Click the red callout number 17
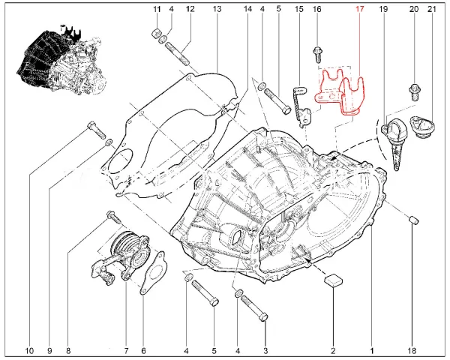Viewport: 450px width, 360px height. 359,9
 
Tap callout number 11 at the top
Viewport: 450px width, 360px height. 157,9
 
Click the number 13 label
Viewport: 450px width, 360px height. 217,9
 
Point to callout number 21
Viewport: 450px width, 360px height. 432,9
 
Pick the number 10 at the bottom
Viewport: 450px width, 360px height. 29,350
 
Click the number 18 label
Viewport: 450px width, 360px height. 412,350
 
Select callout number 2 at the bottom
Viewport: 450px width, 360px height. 333,350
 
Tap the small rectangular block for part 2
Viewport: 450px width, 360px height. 334,280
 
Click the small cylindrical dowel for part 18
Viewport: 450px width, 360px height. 413,220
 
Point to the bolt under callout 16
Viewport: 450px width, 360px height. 317,55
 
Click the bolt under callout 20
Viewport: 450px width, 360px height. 415,91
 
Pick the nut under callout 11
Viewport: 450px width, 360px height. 155,33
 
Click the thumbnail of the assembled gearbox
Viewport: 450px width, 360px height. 61,58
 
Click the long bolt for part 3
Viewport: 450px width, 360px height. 254,309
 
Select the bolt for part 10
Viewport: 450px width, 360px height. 96,130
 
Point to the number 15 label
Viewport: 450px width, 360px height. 298,9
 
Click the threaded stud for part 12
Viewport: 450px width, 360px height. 177,54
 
